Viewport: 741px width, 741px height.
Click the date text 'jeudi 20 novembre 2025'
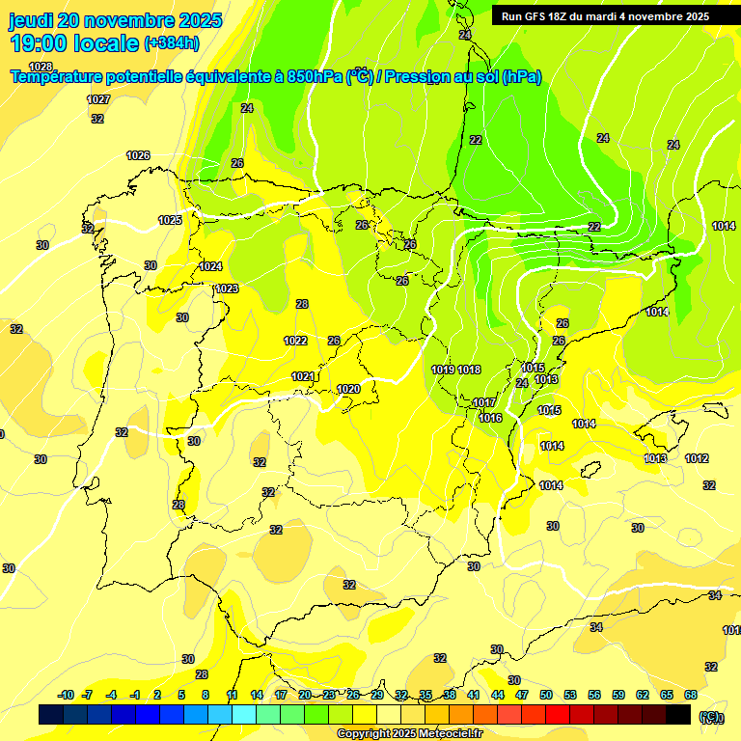pos(115,20)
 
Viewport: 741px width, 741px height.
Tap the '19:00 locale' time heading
pos(73,42)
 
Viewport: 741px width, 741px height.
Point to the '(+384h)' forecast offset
pos(171,43)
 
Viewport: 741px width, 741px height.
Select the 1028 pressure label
pos(41,67)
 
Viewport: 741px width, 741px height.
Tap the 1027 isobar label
pos(97,99)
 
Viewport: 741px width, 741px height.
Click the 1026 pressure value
pos(138,155)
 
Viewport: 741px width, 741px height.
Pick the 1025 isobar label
pos(170,220)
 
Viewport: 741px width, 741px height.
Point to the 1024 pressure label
pos(210,266)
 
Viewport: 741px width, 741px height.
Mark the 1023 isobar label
pos(227,288)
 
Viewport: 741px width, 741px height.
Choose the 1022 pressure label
pos(295,341)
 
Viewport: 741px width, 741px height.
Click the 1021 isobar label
pos(303,376)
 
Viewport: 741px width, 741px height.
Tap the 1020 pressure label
pos(348,389)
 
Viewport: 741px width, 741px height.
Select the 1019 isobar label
pos(443,370)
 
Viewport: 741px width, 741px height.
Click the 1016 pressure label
pos(490,418)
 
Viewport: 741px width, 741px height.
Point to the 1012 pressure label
pos(697,458)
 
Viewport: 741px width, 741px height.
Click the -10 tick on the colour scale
pos(67,695)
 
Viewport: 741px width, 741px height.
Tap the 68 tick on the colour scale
pos(691,695)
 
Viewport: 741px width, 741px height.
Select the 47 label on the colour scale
pos(522,695)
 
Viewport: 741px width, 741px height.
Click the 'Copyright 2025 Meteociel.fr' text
pos(410,733)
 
